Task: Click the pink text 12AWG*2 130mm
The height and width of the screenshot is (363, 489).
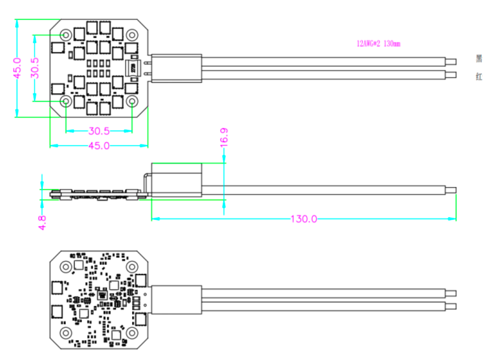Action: [x=379, y=44]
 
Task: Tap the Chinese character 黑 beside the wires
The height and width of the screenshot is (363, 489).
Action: [x=479, y=59]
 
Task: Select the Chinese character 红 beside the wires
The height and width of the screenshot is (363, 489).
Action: [x=479, y=77]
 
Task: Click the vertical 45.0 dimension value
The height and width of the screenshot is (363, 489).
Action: [x=17, y=68]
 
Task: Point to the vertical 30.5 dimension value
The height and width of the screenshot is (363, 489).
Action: [x=35, y=68]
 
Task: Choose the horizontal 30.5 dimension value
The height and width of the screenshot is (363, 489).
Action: [x=99, y=131]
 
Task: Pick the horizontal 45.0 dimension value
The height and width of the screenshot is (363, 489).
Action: [x=99, y=146]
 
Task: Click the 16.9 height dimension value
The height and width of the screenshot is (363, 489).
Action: [x=224, y=137]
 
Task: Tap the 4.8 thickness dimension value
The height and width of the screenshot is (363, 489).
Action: [x=42, y=222]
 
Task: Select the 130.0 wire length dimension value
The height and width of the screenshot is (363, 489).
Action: [x=303, y=219]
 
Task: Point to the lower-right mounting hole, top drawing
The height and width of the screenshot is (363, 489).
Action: [x=132, y=101]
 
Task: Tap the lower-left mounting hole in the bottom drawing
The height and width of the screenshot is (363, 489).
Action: [x=66, y=332]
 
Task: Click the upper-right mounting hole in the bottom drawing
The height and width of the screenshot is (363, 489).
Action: [x=132, y=266]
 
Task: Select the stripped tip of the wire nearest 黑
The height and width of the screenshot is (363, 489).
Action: [x=450, y=61]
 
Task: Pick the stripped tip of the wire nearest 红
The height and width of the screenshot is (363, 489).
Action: [x=450, y=75]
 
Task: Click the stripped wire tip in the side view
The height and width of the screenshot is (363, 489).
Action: [x=450, y=190]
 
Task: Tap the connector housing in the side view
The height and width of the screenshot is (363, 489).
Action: [x=176, y=179]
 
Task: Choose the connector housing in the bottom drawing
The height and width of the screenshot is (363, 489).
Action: [x=176, y=299]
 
